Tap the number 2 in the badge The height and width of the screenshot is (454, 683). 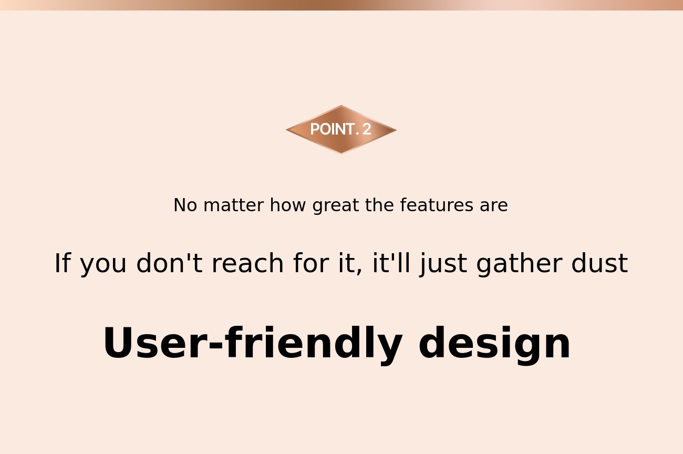[x=367, y=129]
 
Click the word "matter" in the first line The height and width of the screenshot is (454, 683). [x=234, y=205]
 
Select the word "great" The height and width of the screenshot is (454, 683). [x=335, y=205]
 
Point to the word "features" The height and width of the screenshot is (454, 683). [x=437, y=205]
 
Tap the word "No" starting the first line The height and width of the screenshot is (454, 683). [x=185, y=205]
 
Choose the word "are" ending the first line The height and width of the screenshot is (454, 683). [x=494, y=206]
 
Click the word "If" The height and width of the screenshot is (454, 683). [x=63, y=263]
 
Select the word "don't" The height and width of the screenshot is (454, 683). [x=169, y=263]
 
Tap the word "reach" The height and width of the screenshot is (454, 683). [x=248, y=263]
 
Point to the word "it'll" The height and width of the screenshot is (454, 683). [x=391, y=263]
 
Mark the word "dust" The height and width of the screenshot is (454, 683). [x=600, y=263]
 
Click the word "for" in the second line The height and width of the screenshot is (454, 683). [x=311, y=263]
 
